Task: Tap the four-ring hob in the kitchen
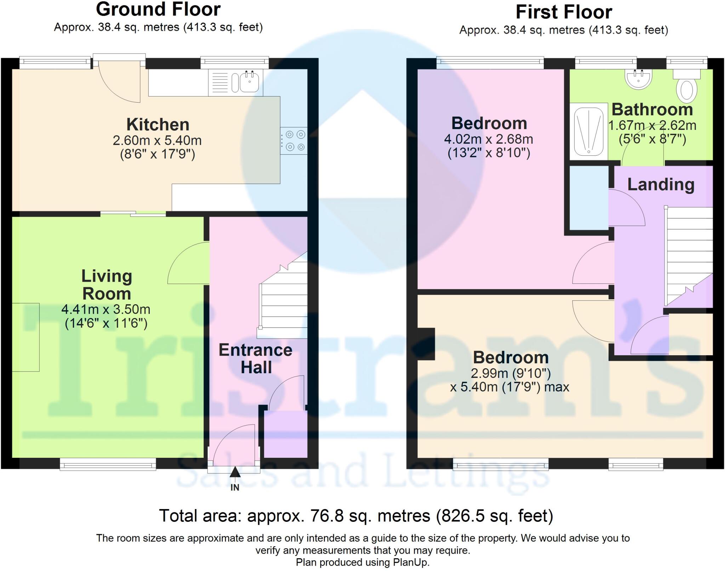click(x=294, y=140)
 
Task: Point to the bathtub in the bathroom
click(x=588, y=131)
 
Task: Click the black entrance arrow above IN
click(x=235, y=472)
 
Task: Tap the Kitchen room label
click(x=158, y=125)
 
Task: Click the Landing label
click(x=661, y=185)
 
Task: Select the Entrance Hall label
click(x=256, y=359)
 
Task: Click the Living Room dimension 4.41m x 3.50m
click(x=106, y=310)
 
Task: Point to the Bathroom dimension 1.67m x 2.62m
click(x=652, y=126)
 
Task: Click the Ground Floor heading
click(x=158, y=9)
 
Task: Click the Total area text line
click(x=356, y=516)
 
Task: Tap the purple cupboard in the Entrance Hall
click(x=286, y=434)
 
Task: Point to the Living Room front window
click(x=108, y=464)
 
